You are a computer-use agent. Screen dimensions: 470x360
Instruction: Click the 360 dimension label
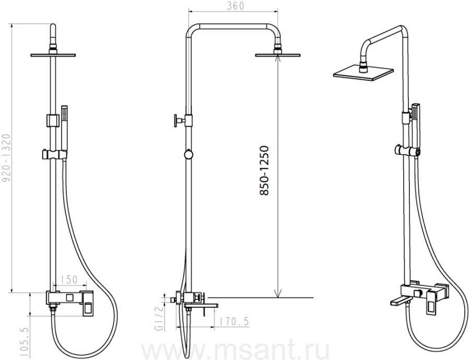click(236, 6)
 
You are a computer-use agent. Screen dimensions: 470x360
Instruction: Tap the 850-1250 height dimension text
click(264, 171)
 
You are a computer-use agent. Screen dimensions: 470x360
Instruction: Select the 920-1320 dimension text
click(6, 158)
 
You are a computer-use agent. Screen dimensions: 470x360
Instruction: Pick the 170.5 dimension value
click(234, 322)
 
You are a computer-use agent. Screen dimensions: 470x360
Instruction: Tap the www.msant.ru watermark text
click(235, 350)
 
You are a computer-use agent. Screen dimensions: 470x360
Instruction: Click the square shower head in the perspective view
click(363, 73)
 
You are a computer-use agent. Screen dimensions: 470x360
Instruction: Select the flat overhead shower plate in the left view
click(53, 55)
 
